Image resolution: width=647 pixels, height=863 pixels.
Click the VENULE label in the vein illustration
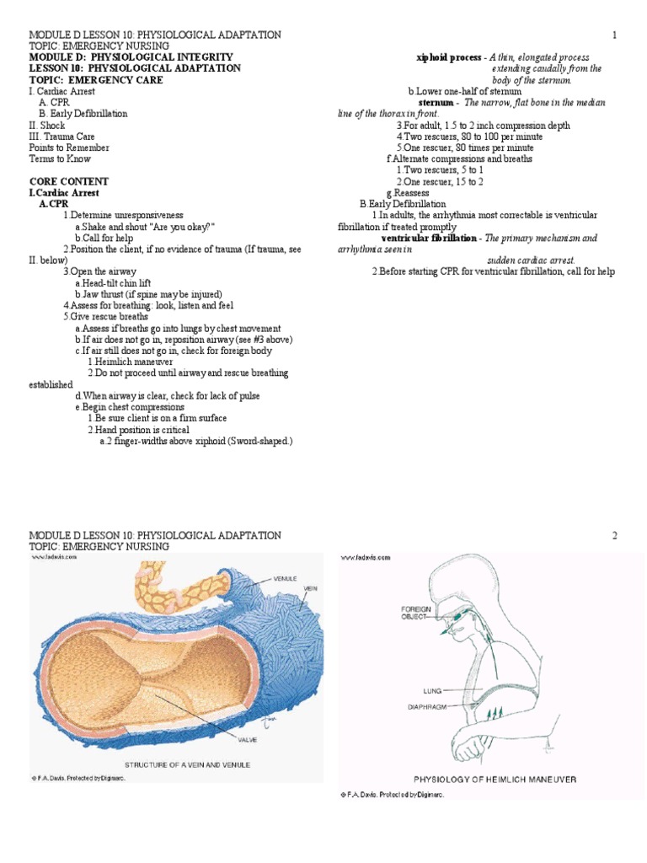[x=287, y=580]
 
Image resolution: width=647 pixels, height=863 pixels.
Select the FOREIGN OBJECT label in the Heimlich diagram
[x=416, y=612]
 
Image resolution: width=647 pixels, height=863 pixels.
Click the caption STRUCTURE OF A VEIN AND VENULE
[x=187, y=764]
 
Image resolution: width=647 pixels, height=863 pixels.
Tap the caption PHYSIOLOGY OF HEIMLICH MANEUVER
[x=495, y=780]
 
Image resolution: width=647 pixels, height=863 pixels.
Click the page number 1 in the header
[x=615, y=34]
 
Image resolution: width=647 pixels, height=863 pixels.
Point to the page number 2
[x=615, y=535]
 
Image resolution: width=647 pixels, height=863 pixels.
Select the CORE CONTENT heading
[x=68, y=181]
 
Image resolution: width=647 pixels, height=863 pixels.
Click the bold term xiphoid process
[x=449, y=57]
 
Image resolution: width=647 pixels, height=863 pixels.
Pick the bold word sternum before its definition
[x=436, y=103]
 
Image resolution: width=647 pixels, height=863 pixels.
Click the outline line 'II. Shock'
[x=46, y=125]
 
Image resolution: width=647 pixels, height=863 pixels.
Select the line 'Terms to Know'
[x=60, y=158]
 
